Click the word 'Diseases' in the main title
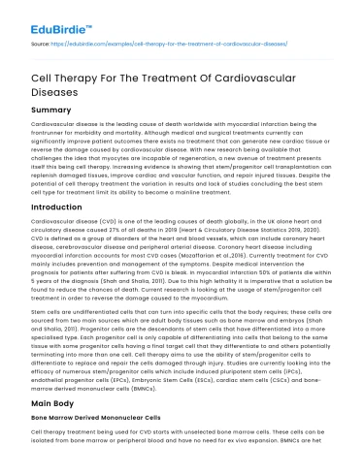click(x=64, y=87)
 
